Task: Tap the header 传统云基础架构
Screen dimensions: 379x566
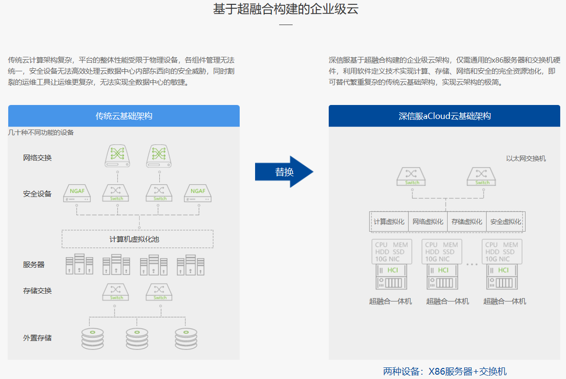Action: tap(124, 116)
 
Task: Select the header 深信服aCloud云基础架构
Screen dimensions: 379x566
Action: tap(444, 116)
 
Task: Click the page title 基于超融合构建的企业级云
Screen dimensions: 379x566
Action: tap(286, 9)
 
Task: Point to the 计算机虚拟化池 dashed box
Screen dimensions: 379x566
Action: tap(138, 239)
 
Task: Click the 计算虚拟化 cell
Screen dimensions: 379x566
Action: tap(389, 222)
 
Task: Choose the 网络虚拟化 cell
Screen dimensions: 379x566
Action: tap(427, 222)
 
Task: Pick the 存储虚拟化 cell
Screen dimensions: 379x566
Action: tap(466, 222)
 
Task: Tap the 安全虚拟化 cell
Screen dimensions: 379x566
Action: tap(505, 222)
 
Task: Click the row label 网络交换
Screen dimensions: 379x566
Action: tap(37, 157)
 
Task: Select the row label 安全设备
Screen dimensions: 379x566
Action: tap(37, 194)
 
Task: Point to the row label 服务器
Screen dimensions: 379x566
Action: tap(34, 264)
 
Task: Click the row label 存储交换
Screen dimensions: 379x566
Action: tap(37, 290)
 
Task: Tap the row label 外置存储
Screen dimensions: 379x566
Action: tap(37, 338)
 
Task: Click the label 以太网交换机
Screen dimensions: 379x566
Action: tap(526, 158)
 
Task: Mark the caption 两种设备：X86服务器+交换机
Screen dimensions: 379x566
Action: tap(445, 371)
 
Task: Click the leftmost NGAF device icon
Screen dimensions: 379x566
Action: tap(77, 193)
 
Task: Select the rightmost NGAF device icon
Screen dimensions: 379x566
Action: tap(198, 193)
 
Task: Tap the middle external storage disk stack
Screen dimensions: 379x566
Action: tap(137, 338)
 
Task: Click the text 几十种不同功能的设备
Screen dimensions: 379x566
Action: tap(41, 132)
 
